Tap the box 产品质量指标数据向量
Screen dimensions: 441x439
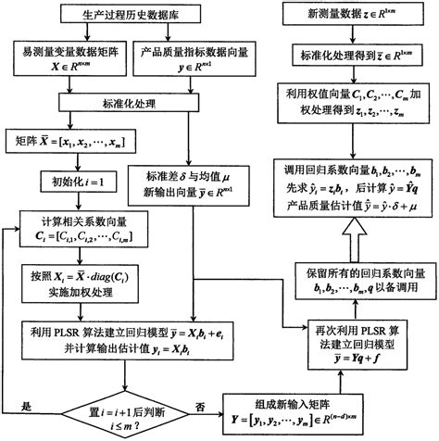click(x=191, y=63)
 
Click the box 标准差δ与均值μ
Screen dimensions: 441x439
click(x=193, y=184)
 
